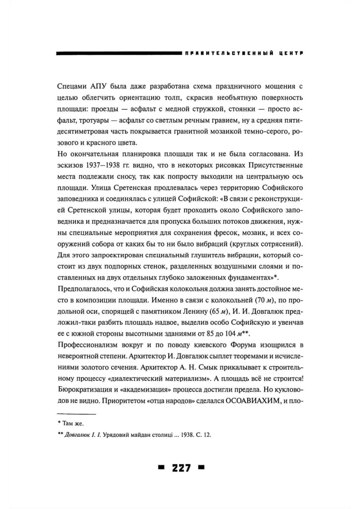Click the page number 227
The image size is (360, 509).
(181, 468)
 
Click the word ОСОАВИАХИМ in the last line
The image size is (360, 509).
(253, 401)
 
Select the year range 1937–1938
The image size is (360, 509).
(104, 165)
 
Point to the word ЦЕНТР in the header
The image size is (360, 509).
(291, 53)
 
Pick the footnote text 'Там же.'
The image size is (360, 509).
(73, 423)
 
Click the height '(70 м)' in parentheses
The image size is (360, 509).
(263, 300)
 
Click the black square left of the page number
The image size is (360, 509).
(161, 468)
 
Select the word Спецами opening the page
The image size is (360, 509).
(71, 86)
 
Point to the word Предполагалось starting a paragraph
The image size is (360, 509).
(81, 289)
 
